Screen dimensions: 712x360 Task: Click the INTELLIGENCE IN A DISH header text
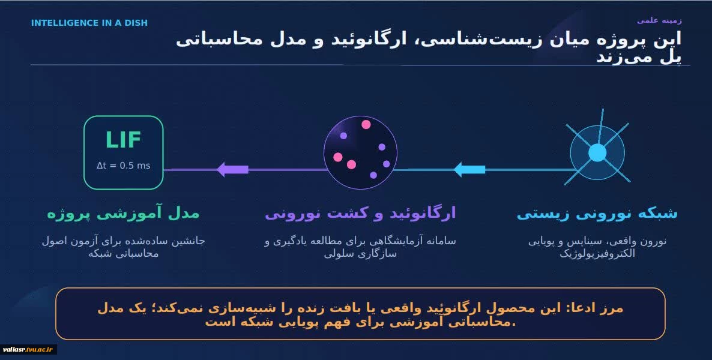tap(89, 23)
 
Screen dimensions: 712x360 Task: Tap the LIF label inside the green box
tap(123, 140)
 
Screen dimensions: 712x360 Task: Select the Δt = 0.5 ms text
tap(124, 166)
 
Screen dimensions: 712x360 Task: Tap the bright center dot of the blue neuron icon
tap(597, 153)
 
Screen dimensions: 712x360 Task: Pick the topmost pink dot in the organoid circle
tap(366, 124)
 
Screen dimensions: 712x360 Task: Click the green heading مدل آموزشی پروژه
tap(123, 214)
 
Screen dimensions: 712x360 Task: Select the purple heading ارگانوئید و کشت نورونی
tap(360, 214)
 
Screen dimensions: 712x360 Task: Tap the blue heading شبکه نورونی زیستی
tap(597, 214)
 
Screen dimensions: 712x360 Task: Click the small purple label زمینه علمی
tap(659, 20)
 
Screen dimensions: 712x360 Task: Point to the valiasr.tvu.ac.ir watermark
tap(28, 350)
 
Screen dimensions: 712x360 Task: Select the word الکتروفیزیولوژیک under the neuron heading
tap(597, 254)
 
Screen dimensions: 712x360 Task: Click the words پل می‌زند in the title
tap(639, 58)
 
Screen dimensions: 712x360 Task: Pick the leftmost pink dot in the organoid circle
tap(338, 157)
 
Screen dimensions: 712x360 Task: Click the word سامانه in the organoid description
tap(439, 241)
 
